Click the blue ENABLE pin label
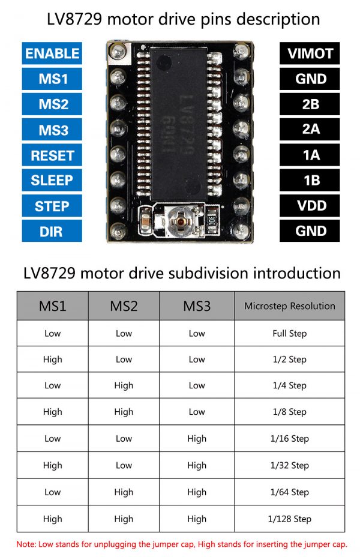click(52, 53)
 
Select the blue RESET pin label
click(52, 155)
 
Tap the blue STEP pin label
click(52, 206)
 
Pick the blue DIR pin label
click(52, 231)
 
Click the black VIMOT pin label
click(310, 53)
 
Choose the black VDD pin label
click(310, 206)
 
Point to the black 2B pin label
click(310, 104)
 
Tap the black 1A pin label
click(310, 155)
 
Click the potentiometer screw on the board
click(181, 221)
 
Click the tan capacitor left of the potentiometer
click(145, 222)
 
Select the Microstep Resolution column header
click(289, 306)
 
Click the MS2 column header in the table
click(124, 306)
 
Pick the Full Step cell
click(289, 333)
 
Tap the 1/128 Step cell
click(289, 519)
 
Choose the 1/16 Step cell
click(289, 438)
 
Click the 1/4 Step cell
click(289, 385)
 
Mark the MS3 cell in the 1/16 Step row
click(197, 438)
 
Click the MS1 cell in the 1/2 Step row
click(53, 359)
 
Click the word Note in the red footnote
click(26, 544)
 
